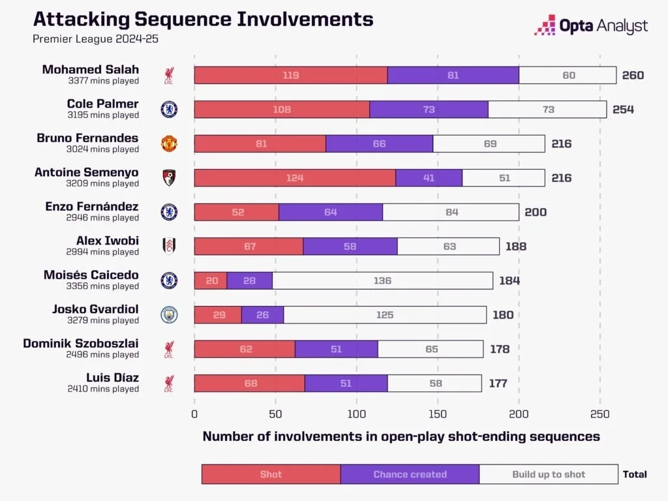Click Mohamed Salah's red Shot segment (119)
[x=290, y=75]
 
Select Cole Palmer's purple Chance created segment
[x=429, y=110]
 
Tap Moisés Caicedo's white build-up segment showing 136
[x=382, y=281]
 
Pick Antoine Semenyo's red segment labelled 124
[x=295, y=177]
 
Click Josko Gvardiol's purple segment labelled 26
[x=262, y=315]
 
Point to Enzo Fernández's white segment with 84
[x=451, y=212]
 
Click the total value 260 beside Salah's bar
[x=632, y=75]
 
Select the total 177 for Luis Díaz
[x=498, y=384]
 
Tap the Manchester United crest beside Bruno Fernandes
[x=169, y=144]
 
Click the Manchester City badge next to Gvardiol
[x=169, y=315]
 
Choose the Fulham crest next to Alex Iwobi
[x=169, y=246]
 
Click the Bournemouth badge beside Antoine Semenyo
[x=169, y=177]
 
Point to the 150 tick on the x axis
[x=438, y=414]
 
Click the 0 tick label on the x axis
[x=194, y=414]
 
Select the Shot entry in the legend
[x=271, y=474]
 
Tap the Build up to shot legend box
[x=549, y=474]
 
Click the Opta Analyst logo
[x=591, y=26]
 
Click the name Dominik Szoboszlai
[x=81, y=343]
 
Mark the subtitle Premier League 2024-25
[x=95, y=38]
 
